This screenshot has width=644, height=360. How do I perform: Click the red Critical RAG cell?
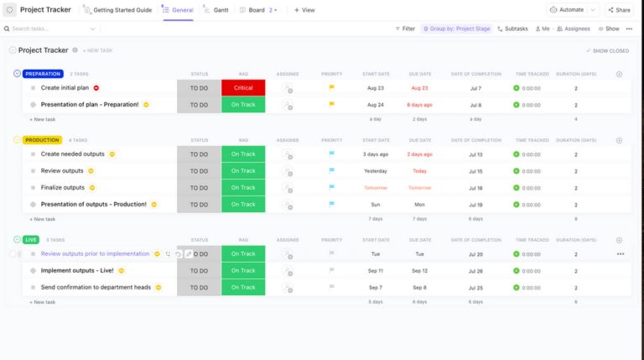(x=243, y=88)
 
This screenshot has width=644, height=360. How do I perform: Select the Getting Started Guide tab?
(x=122, y=10)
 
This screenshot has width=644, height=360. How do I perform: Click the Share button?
(x=619, y=10)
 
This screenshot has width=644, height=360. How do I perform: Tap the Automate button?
(x=567, y=10)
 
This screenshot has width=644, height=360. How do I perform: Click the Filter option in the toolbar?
(x=405, y=29)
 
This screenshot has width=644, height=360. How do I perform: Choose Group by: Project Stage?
(x=457, y=29)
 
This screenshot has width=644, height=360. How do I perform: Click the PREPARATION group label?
(x=43, y=74)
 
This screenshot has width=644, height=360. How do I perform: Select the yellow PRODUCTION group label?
(x=42, y=140)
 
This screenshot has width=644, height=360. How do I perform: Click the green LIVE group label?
(x=32, y=240)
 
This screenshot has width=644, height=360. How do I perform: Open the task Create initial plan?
(x=65, y=88)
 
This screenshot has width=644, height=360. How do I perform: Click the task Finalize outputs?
(x=63, y=188)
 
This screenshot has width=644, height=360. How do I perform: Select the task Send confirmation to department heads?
(x=96, y=287)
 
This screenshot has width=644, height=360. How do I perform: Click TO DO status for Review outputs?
(x=199, y=171)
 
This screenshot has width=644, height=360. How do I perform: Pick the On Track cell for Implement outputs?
(x=243, y=270)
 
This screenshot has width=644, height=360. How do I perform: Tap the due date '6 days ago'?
(x=419, y=105)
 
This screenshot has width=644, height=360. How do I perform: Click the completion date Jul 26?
(x=475, y=270)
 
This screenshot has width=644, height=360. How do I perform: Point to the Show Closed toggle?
(x=608, y=50)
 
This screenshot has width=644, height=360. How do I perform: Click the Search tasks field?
(x=50, y=29)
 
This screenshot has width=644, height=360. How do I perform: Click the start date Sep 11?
(x=375, y=270)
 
